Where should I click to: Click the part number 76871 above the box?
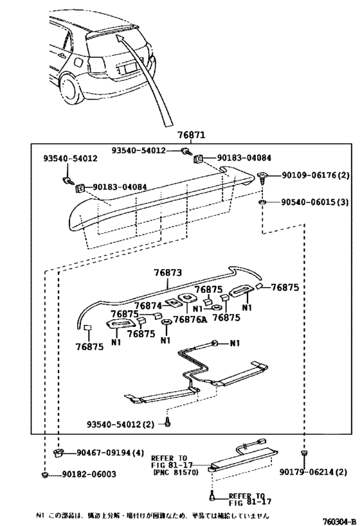click(x=192, y=136)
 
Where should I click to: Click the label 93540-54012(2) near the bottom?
click(x=123, y=424)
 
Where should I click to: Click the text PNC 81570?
click(x=174, y=472)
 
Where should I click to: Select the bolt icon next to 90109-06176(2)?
click(x=264, y=177)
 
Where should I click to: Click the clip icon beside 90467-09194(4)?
click(x=58, y=453)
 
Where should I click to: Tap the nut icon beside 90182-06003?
click(x=45, y=475)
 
